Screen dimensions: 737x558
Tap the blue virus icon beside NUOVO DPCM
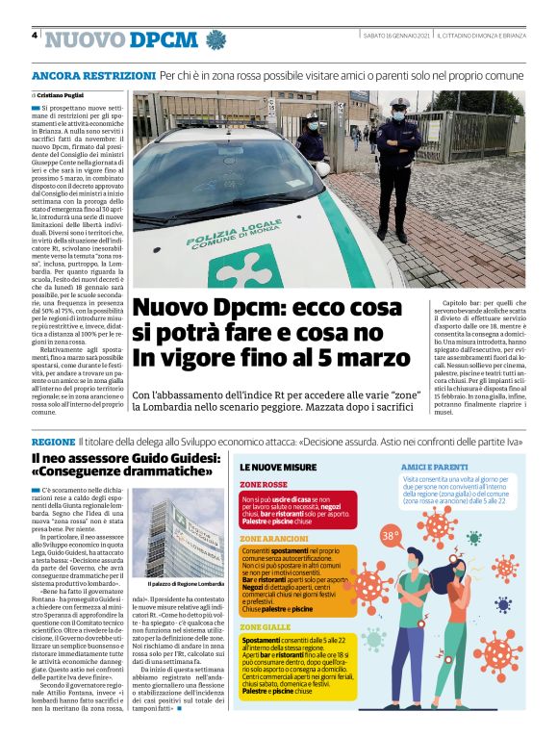[x=216, y=39]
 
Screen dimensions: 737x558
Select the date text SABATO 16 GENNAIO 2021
[x=395, y=36]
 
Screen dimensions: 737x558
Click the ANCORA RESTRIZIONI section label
[x=93, y=75]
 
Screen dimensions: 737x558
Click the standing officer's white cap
[x=398, y=102]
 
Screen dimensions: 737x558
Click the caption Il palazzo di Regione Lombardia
[x=185, y=584]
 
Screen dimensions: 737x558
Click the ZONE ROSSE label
[x=264, y=484]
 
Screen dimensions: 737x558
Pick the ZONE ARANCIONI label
[x=274, y=539]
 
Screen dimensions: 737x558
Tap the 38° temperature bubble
[x=390, y=536]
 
